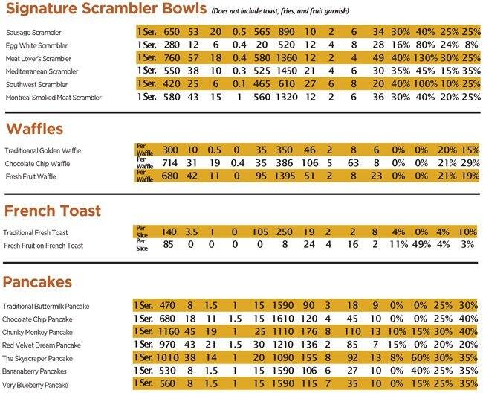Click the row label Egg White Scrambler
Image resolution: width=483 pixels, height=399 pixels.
(36, 45)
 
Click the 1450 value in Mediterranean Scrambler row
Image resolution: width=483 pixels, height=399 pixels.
(291, 71)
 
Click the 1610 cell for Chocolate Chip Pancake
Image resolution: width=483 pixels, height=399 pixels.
(291, 320)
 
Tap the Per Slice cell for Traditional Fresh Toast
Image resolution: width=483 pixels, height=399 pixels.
(142, 232)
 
